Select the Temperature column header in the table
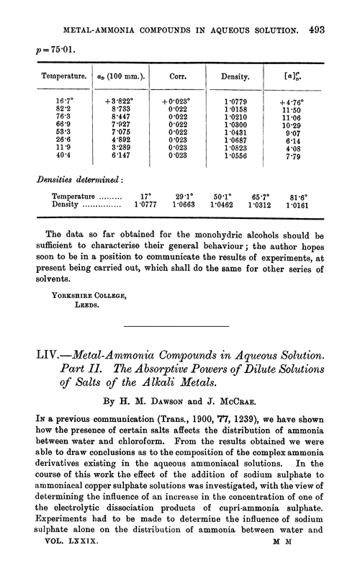pos(45,74)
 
